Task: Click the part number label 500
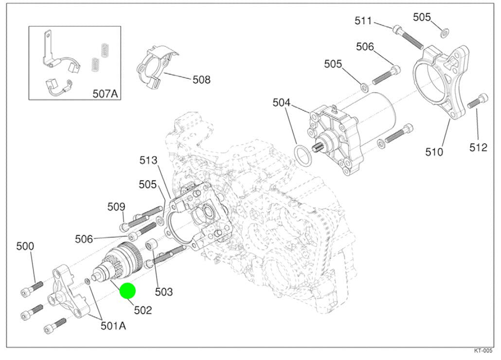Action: [x=25, y=246]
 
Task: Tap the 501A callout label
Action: [x=113, y=325]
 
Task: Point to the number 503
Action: [x=164, y=292]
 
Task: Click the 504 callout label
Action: [x=281, y=103]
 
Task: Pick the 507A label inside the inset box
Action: [x=106, y=93]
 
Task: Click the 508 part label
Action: [x=201, y=79]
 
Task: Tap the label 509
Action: [x=116, y=207]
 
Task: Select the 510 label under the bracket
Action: [x=434, y=152]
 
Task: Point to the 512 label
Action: [x=478, y=147]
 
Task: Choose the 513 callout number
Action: [x=148, y=160]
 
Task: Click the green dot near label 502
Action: [x=127, y=291]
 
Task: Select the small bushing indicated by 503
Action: [x=151, y=244]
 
